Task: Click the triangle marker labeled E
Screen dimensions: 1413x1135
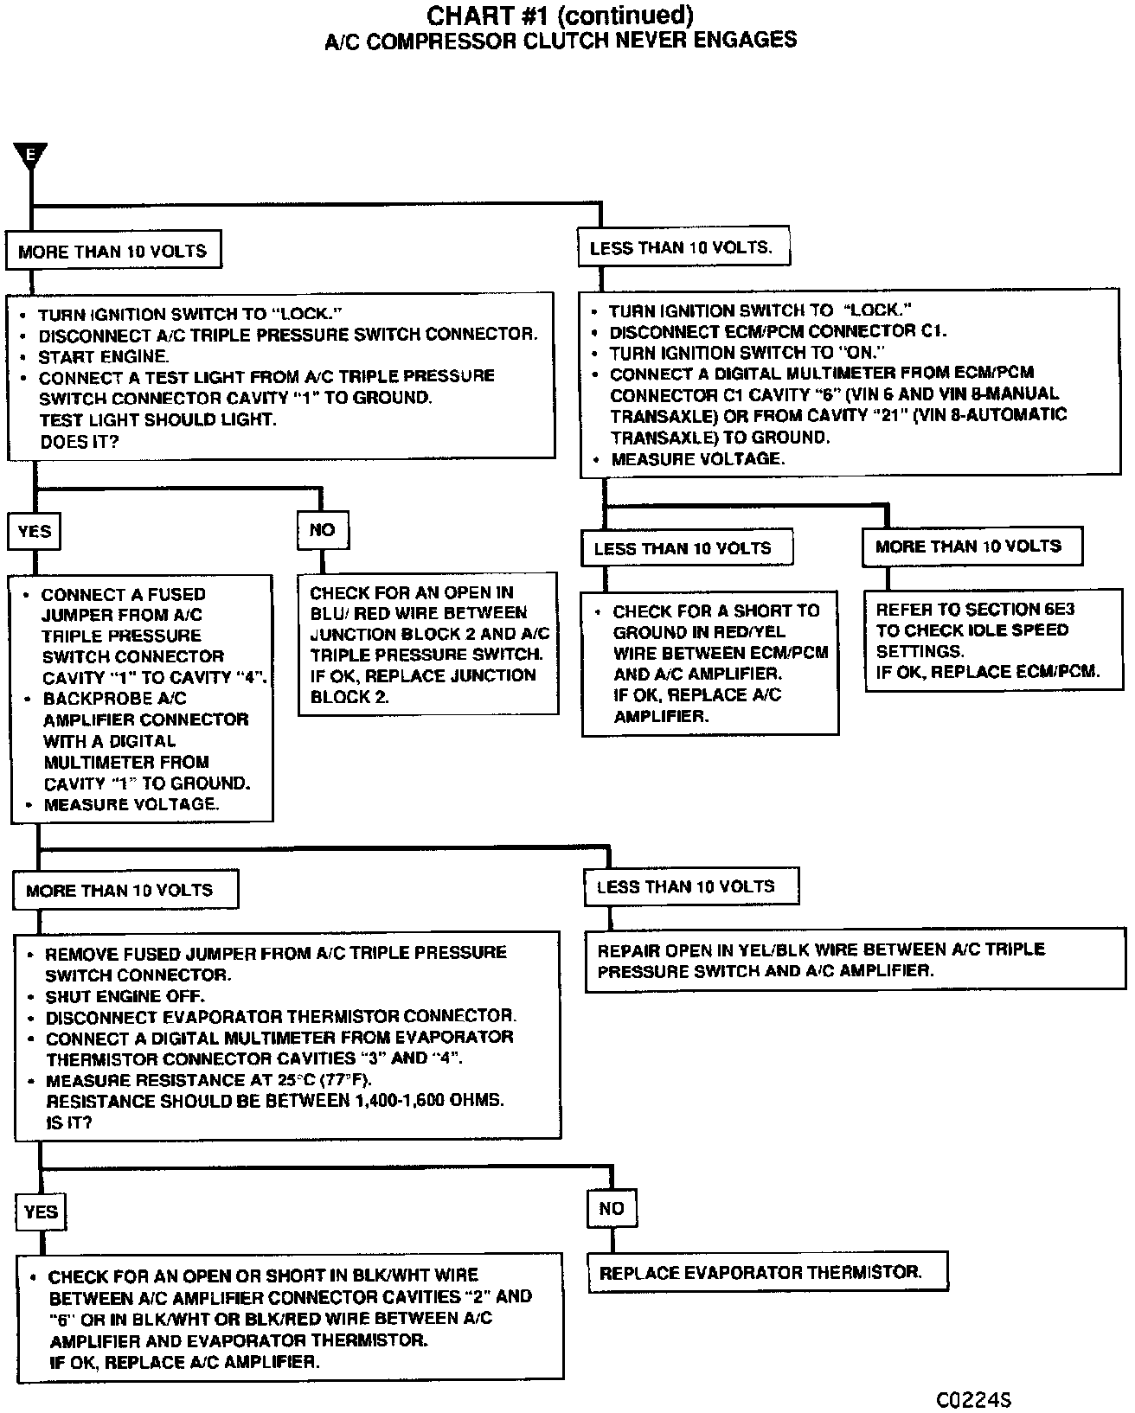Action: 30,156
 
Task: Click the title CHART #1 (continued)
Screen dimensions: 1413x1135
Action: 561,16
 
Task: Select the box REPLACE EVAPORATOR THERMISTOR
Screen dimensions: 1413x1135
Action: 767,1272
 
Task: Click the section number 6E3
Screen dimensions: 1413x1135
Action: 1054,609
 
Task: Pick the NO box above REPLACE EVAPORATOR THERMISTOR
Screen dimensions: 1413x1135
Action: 612,1208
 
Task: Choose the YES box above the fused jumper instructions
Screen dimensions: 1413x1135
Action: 35,531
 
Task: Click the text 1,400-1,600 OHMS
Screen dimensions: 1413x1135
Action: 425,1101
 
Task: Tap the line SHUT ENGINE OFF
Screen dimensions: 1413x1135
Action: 124,995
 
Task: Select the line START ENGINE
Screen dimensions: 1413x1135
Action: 103,355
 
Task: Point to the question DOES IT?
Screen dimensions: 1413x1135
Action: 80,441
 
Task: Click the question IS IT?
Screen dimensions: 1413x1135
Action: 68,1122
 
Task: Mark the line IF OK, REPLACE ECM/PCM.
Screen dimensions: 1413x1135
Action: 987,672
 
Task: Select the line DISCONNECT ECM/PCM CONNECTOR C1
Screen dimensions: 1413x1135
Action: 778,331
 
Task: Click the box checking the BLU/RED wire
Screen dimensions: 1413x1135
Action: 428,643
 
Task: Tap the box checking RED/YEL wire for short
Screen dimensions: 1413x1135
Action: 710,663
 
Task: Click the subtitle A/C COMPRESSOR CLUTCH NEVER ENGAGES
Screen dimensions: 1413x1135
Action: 561,40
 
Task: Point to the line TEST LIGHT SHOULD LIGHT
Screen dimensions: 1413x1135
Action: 157,419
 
